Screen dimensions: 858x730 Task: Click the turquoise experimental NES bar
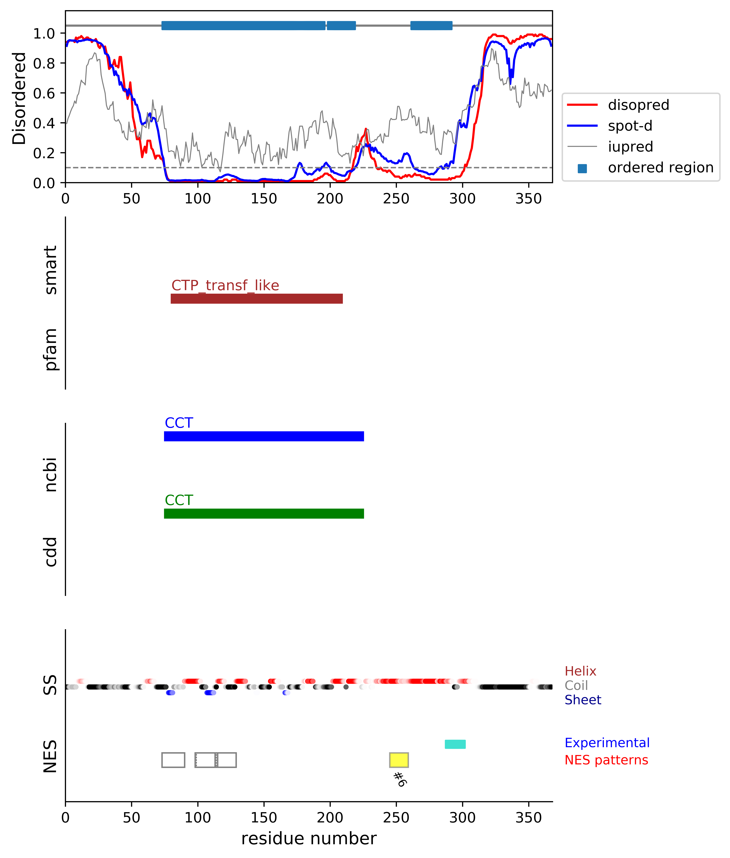coord(455,744)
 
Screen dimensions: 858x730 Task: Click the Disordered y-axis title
coord(19,98)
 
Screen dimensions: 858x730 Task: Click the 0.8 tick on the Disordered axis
coord(44,63)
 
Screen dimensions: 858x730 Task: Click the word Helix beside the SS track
coord(580,671)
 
